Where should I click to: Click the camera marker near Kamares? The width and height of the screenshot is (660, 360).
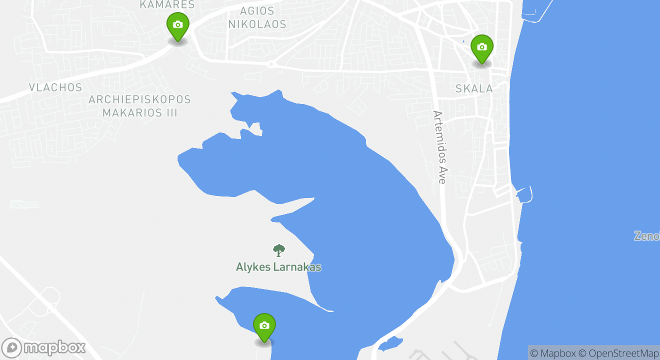pos(177,25)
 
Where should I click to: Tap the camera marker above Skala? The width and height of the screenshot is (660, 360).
pos(482,48)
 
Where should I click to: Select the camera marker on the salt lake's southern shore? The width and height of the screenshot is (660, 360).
pos(264,326)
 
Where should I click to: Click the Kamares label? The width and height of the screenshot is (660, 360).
pos(167,4)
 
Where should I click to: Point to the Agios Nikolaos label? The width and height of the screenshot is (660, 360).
pos(257,17)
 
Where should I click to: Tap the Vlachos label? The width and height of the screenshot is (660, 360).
pos(55,87)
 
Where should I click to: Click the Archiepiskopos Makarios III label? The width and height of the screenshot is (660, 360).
pos(140,106)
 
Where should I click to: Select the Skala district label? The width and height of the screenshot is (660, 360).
pos(474,89)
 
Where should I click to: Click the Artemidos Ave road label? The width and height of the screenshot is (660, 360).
pos(439,147)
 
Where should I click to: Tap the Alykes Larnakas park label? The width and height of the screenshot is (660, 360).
pos(278,267)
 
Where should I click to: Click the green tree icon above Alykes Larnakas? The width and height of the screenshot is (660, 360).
pos(278,250)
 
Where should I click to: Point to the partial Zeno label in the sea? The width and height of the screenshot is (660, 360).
pos(647,236)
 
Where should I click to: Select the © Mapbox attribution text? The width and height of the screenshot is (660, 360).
pos(553,353)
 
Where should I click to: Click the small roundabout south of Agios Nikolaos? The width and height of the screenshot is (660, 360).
pos(271,64)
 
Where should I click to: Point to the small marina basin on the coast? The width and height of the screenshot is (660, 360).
pos(523,194)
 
